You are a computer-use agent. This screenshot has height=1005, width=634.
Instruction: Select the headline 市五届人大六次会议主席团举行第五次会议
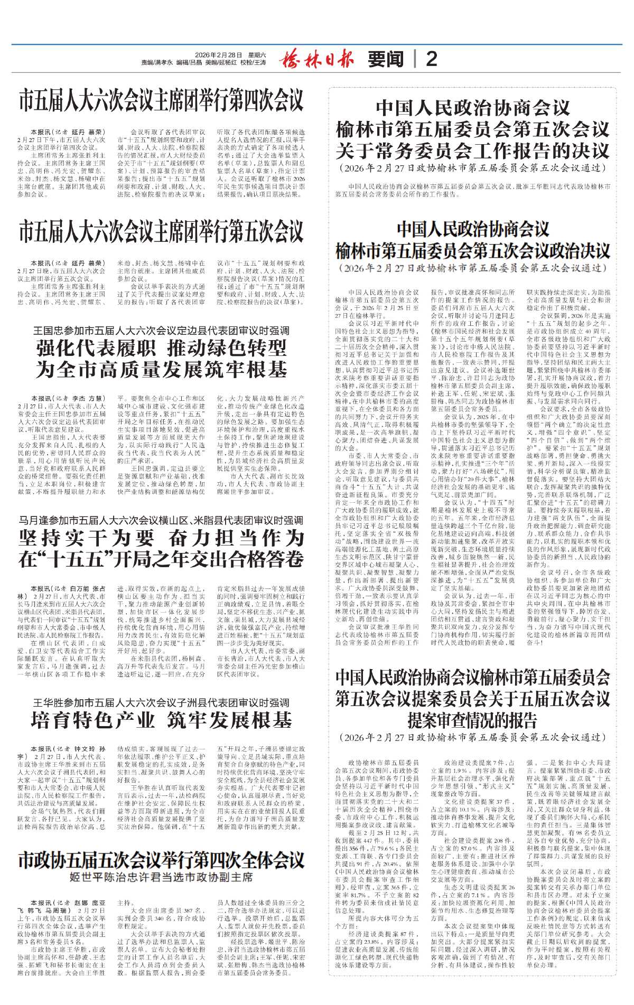coord(161,232)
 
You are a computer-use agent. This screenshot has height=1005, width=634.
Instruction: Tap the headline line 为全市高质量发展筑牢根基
coord(161,369)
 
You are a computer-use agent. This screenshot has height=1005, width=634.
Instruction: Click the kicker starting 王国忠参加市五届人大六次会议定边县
coord(161,331)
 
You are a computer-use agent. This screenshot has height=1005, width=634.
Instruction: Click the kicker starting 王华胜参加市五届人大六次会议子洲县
coord(161,702)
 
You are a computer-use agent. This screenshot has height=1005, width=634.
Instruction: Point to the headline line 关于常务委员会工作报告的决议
coord(473,152)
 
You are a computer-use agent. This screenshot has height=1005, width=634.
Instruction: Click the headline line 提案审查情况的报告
coord(473,720)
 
